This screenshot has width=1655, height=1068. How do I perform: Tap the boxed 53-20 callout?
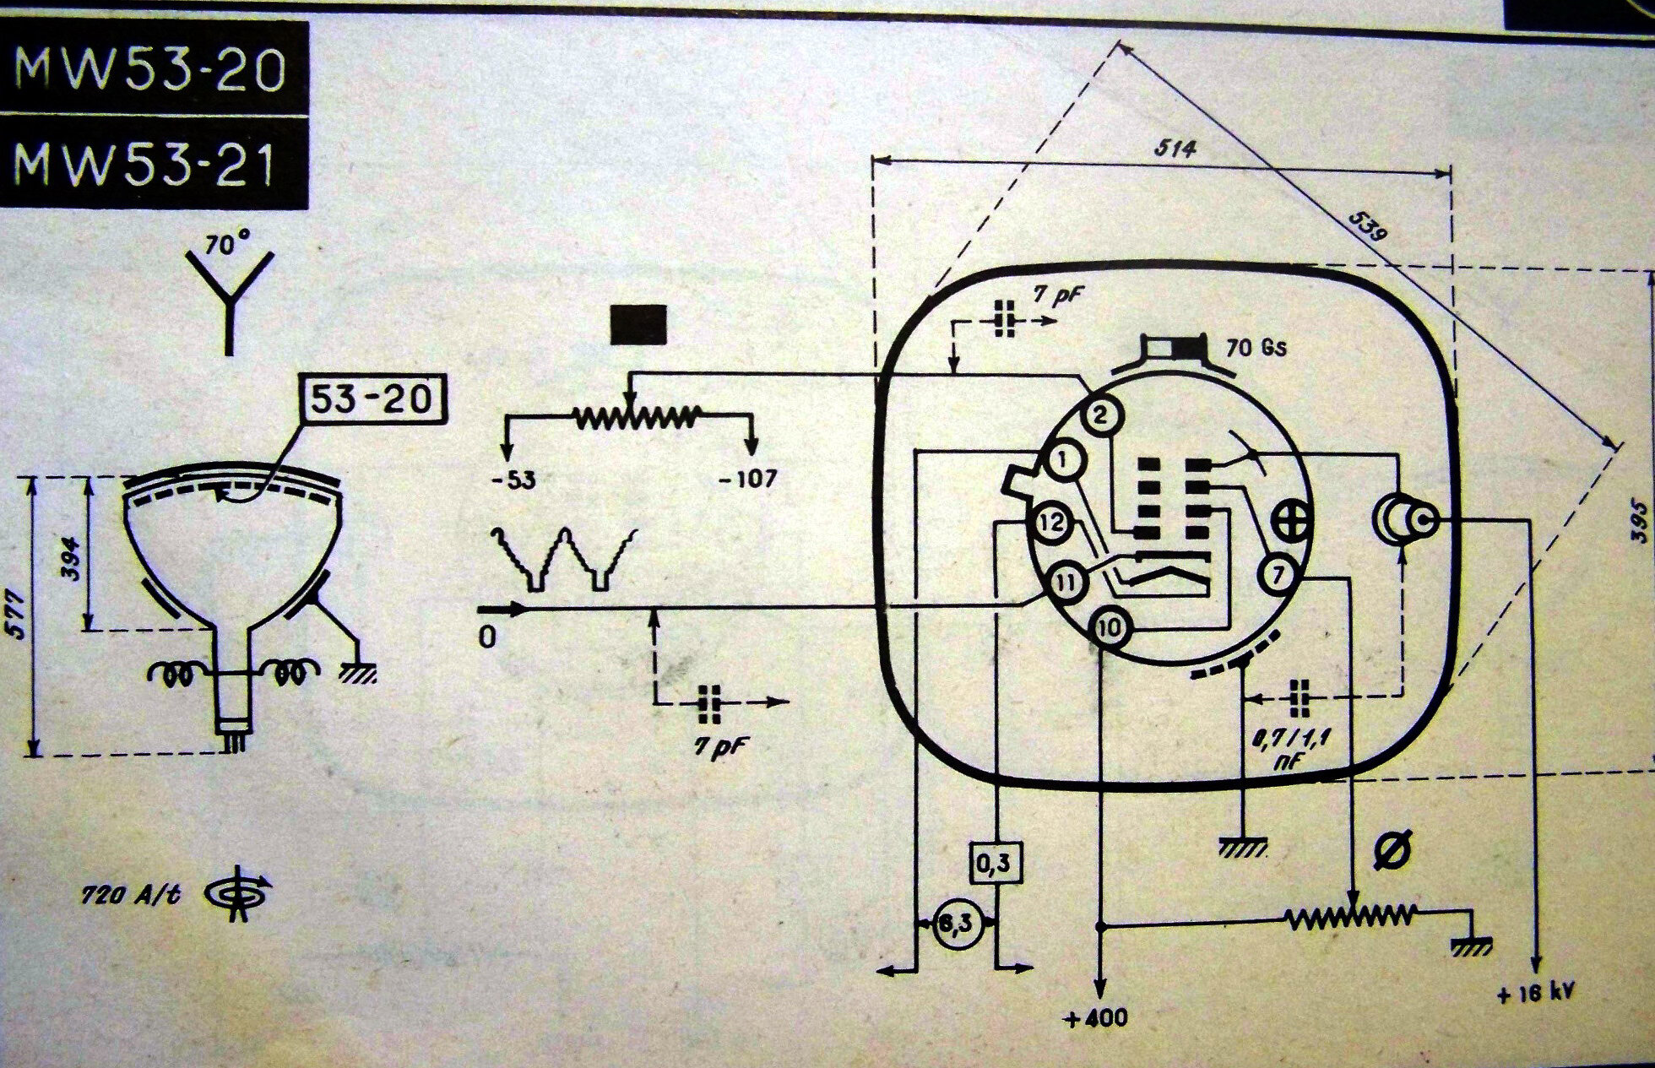(372, 399)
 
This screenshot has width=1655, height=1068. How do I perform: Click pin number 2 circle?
(1100, 415)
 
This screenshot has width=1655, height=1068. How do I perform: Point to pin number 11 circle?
(1066, 581)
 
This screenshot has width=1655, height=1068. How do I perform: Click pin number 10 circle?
(1112, 627)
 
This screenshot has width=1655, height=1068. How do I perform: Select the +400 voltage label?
(1097, 1018)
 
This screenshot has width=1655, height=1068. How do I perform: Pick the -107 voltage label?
(747, 480)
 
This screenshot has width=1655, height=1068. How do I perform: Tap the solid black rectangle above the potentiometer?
(638, 324)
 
